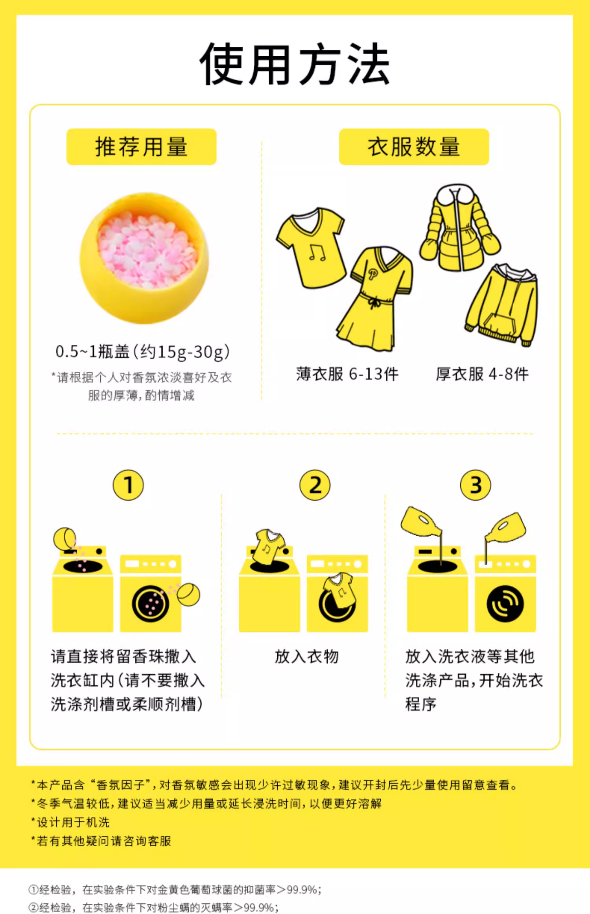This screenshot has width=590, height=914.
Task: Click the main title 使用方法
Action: (295, 64)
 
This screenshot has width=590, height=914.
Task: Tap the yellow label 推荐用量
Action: (141, 147)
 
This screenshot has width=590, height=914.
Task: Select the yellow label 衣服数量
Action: (414, 147)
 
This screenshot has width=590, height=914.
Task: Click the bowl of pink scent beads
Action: (144, 258)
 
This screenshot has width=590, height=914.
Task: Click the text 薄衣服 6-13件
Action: (347, 374)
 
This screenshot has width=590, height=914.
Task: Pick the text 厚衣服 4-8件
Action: (482, 374)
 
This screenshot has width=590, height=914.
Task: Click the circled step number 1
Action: (128, 485)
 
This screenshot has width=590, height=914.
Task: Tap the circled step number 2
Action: (315, 485)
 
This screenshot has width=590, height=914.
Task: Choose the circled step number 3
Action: (476, 485)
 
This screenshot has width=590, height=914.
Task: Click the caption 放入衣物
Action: (307, 657)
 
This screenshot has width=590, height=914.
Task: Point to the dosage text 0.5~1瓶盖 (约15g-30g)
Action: (142, 352)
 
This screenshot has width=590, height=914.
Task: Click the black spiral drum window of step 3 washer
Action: (505, 603)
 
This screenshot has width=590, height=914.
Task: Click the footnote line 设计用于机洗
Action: (71, 822)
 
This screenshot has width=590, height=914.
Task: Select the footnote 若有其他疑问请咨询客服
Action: (101, 841)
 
